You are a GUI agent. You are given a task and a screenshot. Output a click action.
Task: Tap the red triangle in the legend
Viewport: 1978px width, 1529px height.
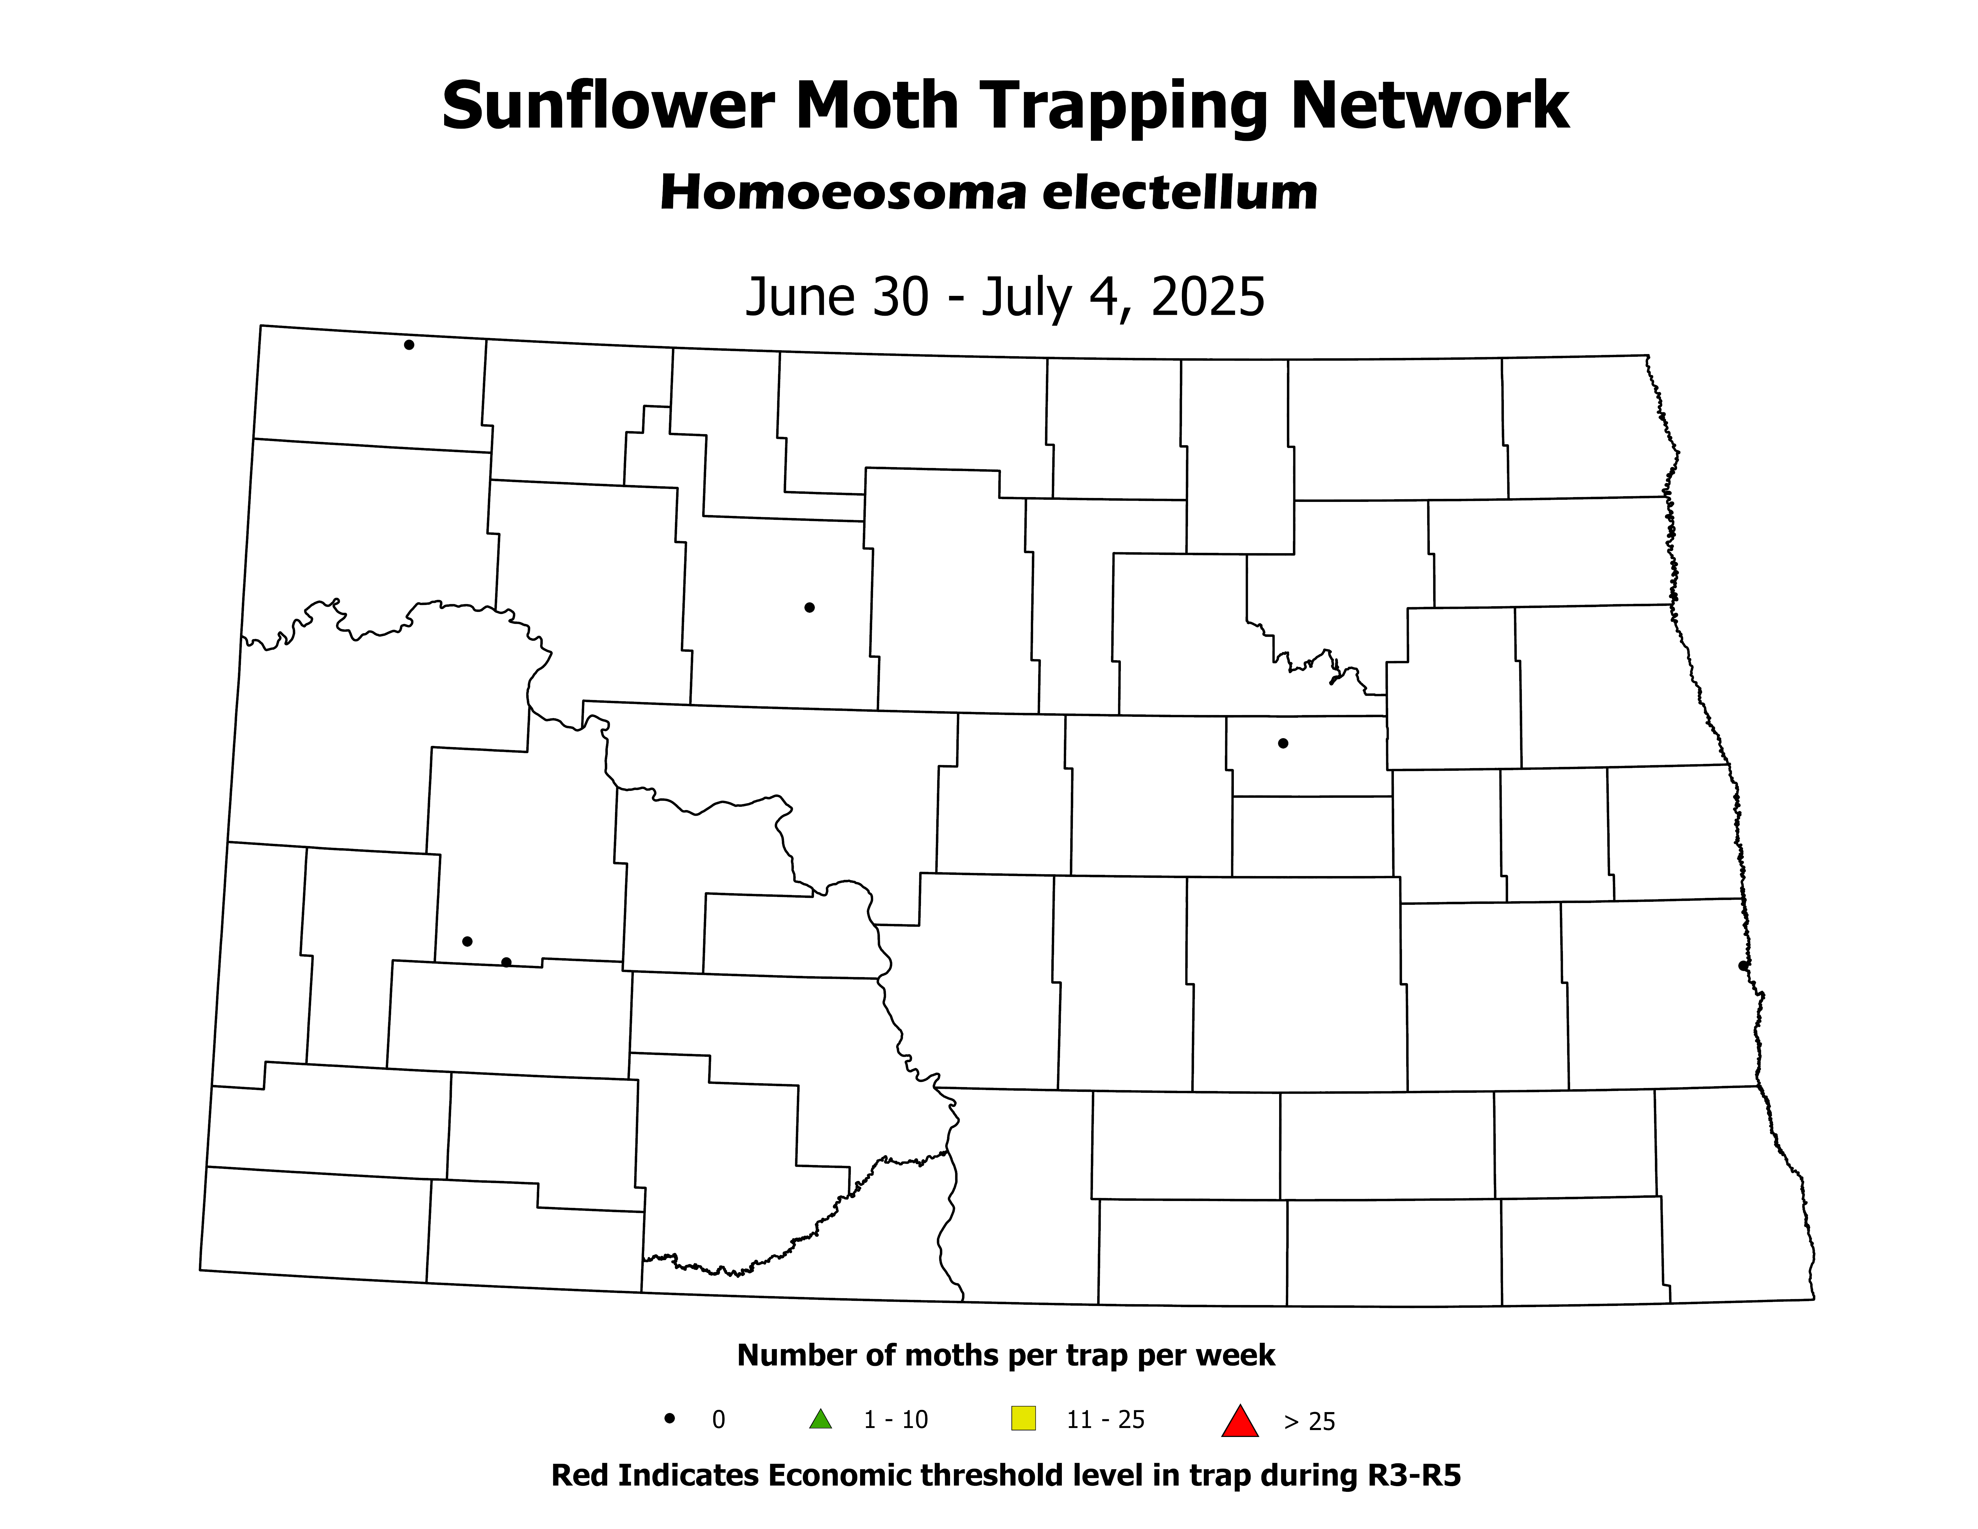1240,1420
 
